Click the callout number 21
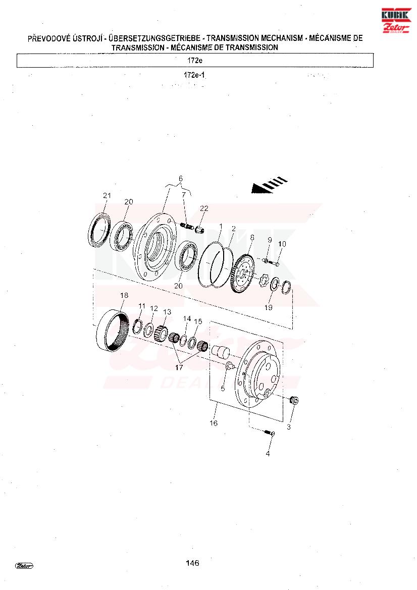point(107,195)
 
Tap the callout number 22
point(204,208)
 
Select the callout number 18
point(124,295)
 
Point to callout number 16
point(214,423)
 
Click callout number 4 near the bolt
point(268,454)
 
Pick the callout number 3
point(289,427)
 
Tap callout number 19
point(269,307)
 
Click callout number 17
point(179,367)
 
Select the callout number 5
point(223,388)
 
